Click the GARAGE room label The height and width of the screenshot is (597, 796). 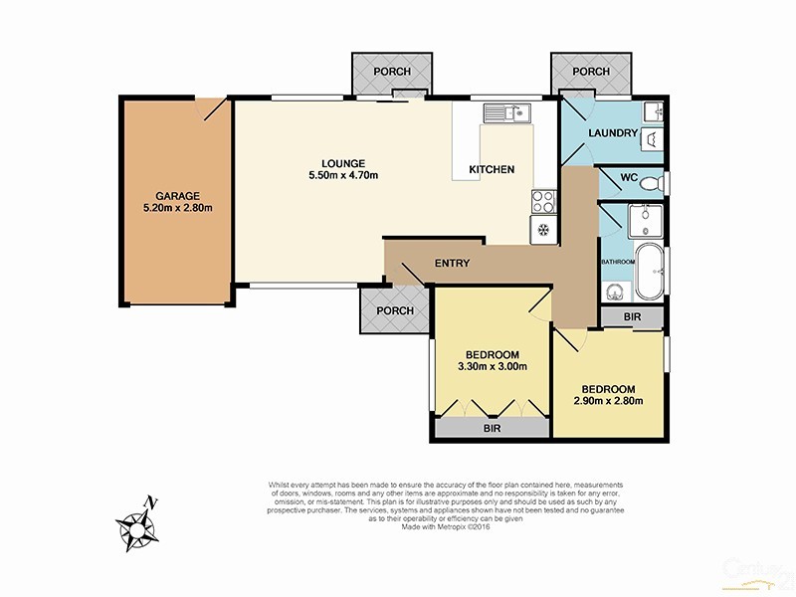177,195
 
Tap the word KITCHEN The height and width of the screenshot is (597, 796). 492,169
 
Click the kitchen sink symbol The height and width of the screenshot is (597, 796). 515,112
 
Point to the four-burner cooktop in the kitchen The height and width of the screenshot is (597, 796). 543,201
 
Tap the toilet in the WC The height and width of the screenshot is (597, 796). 651,182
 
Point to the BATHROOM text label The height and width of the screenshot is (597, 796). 617,262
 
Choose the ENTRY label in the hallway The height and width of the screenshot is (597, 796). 452,263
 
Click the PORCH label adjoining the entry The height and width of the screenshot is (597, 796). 394,310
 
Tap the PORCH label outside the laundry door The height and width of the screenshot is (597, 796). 592,72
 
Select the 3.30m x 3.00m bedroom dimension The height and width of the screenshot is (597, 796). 492,367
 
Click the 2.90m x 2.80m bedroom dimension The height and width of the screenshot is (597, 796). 608,401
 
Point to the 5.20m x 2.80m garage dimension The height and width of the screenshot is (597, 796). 177,209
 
